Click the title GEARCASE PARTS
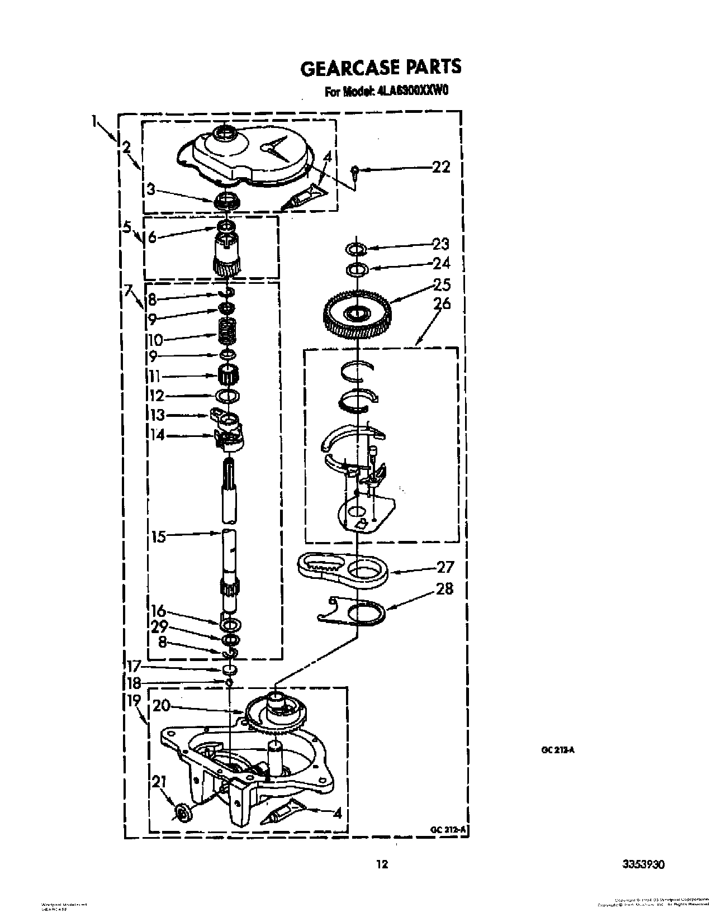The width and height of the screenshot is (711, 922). [381, 67]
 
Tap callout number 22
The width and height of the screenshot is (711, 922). [441, 167]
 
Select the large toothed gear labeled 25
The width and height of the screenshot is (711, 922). [357, 314]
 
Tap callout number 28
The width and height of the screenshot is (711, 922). [444, 588]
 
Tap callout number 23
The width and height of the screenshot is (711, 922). [441, 244]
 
